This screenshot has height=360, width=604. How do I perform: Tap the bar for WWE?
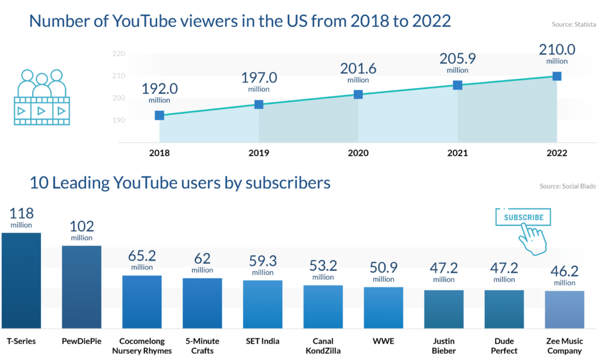(x=383, y=307)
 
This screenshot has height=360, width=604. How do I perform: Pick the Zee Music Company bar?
(x=565, y=309)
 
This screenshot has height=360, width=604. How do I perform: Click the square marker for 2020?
(x=358, y=94)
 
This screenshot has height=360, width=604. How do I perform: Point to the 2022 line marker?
(x=557, y=76)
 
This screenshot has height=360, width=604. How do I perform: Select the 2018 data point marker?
(x=160, y=116)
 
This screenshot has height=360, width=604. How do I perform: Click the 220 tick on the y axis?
(x=118, y=54)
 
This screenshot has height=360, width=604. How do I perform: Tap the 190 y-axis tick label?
(x=118, y=121)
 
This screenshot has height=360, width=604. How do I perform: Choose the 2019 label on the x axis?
(x=259, y=154)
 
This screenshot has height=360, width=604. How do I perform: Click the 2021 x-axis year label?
(x=458, y=154)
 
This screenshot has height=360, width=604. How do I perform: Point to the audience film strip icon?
(x=42, y=97)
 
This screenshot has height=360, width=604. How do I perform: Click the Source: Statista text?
(x=575, y=25)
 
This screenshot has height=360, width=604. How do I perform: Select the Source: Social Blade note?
(x=569, y=186)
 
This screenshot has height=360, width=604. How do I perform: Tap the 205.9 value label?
(x=458, y=59)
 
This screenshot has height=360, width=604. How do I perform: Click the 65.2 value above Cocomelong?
(x=142, y=255)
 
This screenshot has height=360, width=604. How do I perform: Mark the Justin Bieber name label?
(x=444, y=346)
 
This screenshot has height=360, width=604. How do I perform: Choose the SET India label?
(x=263, y=341)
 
